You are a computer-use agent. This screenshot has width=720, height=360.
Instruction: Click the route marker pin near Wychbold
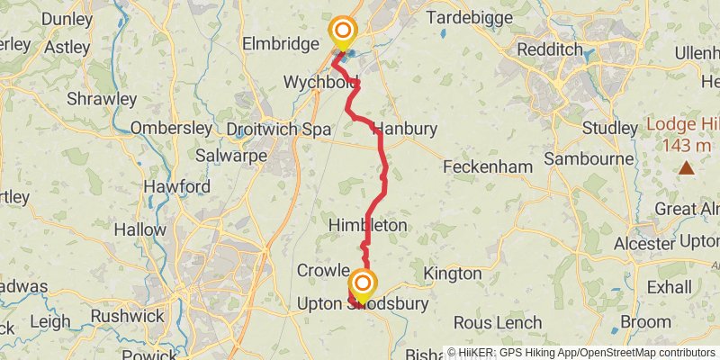(x=342, y=32)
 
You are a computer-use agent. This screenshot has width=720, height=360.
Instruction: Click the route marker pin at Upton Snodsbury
(x=363, y=286)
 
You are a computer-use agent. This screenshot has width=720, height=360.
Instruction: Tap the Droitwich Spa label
(x=279, y=129)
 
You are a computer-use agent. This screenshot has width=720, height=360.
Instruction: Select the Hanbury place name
(x=405, y=129)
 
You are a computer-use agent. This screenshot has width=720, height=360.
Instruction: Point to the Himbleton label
(x=368, y=224)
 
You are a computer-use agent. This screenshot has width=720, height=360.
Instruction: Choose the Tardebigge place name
(x=470, y=17)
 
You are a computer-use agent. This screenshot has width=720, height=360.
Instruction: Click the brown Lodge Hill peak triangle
(x=687, y=166)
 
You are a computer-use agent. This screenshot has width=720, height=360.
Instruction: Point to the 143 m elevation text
(x=687, y=145)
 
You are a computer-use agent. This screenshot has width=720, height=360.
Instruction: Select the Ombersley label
(x=170, y=128)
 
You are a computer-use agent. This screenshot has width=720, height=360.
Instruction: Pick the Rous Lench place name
(x=498, y=322)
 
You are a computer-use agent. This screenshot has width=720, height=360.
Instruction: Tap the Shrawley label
(x=101, y=99)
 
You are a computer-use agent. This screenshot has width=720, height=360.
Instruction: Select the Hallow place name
(x=139, y=229)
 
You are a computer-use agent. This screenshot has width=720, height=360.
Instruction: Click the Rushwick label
(x=128, y=316)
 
